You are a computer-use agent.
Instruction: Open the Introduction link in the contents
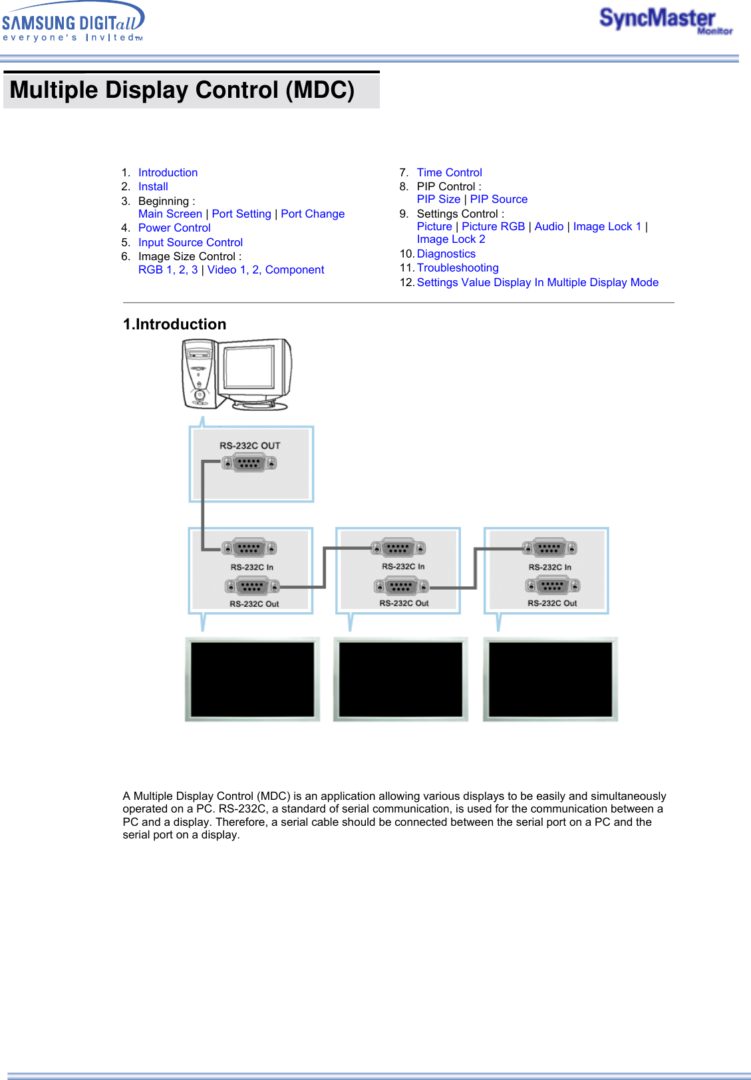(168, 173)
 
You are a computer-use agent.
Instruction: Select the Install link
(153, 187)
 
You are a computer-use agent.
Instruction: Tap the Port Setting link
(241, 214)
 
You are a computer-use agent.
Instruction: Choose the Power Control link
(174, 228)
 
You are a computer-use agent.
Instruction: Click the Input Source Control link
(190, 243)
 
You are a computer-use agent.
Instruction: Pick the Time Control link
(449, 173)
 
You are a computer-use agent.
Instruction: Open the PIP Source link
(498, 200)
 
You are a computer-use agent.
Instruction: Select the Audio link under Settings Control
(549, 227)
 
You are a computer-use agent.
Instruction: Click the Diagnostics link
(446, 254)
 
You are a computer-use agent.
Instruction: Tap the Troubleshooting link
(458, 268)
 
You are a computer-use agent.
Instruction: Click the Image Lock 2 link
(451, 240)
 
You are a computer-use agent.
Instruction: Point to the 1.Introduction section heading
(174, 325)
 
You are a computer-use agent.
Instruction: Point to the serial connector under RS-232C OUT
(249, 462)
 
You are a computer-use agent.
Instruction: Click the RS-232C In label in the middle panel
(403, 567)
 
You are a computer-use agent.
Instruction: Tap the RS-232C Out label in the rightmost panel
(552, 604)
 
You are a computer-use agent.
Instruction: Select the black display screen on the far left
(252, 679)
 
